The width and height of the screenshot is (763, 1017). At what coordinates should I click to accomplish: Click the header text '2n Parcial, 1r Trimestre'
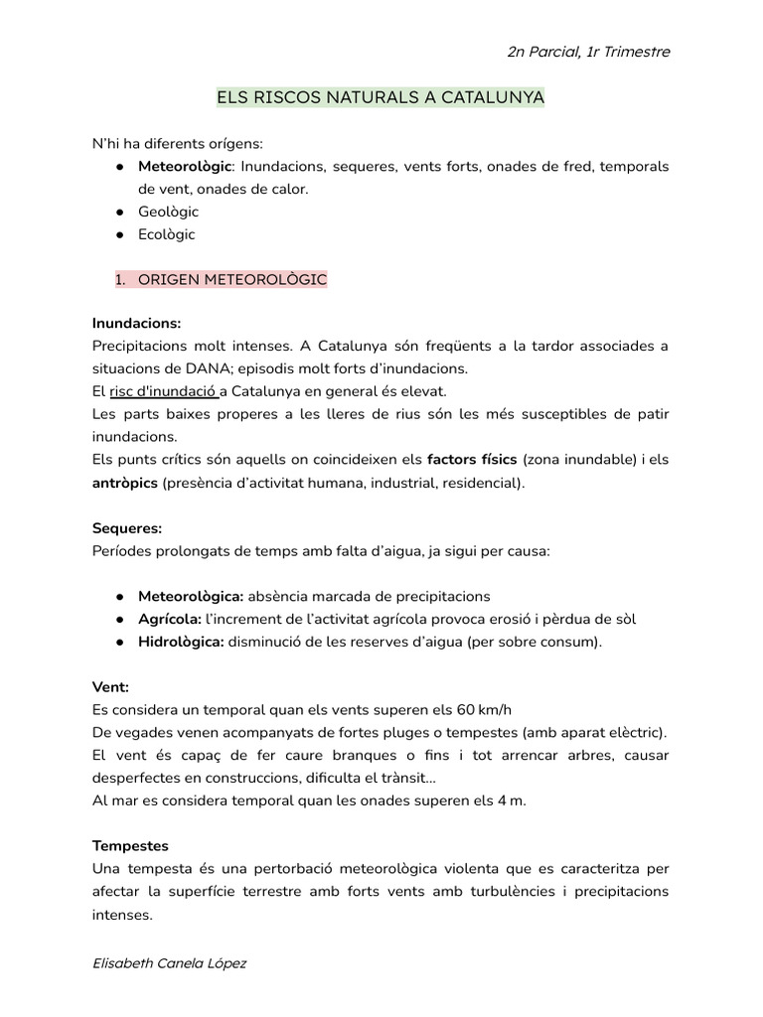(x=588, y=52)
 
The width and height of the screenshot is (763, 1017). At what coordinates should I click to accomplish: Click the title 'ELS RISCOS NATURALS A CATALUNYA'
(x=381, y=98)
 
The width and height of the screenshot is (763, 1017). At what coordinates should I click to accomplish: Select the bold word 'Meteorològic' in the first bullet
(x=185, y=166)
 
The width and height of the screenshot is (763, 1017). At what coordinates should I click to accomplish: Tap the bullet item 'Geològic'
(x=168, y=212)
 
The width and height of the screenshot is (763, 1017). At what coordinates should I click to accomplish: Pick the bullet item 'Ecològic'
(x=167, y=234)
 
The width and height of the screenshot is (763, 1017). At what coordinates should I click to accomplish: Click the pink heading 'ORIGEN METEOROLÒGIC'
(x=231, y=280)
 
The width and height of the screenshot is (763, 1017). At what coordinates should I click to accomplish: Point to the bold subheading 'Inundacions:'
(x=137, y=324)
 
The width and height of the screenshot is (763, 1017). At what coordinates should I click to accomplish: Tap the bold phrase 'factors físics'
(x=472, y=460)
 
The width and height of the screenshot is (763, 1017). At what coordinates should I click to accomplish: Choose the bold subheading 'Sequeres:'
(x=127, y=527)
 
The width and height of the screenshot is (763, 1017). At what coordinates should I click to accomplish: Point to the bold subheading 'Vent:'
(x=111, y=687)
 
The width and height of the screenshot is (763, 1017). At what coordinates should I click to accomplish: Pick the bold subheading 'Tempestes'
(x=130, y=846)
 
